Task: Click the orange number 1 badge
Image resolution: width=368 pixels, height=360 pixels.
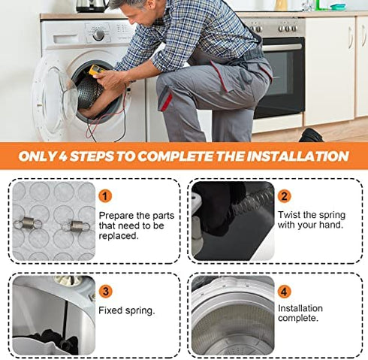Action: (x=105, y=196)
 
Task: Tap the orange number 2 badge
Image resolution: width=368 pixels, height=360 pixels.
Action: (x=285, y=196)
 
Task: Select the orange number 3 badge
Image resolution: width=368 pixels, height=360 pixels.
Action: (x=106, y=292)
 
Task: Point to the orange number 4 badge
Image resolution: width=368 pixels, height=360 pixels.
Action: (x=284, y=292)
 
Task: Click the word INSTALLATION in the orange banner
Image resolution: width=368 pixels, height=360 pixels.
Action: (x=297, y=156)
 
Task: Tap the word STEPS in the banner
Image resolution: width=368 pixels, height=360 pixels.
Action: (x=92, y=156)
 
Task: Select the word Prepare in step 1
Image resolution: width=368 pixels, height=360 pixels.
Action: (x=116, y=216)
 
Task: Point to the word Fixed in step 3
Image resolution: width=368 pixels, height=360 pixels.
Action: (x=110, y=310)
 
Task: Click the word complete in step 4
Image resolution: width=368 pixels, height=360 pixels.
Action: (x=298, y=319)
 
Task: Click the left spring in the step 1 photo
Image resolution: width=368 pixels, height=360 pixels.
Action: (x=28, y=223)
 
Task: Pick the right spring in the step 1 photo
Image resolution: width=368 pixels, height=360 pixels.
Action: (x=76, y=226)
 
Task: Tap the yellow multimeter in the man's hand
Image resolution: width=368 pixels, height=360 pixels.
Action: (x=96, y=70)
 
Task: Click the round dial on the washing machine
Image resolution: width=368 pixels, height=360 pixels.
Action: (x=98, y=35)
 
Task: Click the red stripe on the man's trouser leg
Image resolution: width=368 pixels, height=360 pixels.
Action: (x=167, y=101)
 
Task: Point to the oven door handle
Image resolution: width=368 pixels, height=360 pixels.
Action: (x=282, y=47)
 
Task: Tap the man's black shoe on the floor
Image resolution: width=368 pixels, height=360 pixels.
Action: (x=311, y=135)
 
